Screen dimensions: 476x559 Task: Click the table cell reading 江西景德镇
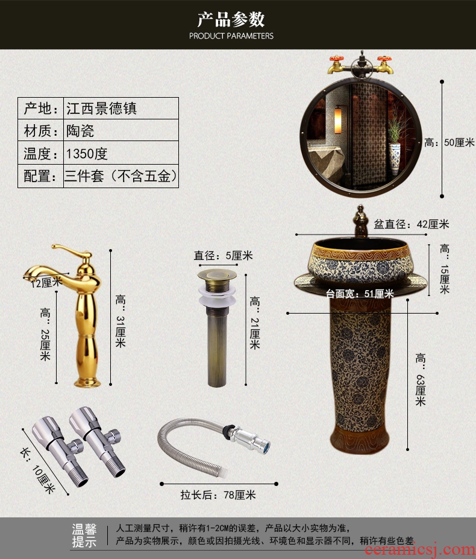coord(121,109)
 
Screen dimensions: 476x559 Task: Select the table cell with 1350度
coord(121,153)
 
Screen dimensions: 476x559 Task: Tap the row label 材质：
coord(40,130)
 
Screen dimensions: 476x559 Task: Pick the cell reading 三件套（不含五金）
coord(121,175)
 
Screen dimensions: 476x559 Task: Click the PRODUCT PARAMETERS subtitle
coord(231,36)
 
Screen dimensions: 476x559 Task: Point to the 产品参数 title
coord(231,19)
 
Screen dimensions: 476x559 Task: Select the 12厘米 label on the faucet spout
coord(46,282)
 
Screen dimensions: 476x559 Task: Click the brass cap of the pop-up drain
coord(217,274)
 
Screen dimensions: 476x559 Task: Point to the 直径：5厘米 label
coord(223,255)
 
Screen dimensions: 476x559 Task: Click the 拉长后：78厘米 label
coord(218,495)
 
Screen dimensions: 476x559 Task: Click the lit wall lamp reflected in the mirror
coord(338,121)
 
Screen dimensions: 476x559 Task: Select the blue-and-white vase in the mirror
coord(395,159)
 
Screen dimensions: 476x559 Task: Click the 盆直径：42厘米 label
coord(411,224)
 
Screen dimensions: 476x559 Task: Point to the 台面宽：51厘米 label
coord(360,294)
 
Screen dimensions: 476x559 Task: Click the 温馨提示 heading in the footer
coord(84,535)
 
